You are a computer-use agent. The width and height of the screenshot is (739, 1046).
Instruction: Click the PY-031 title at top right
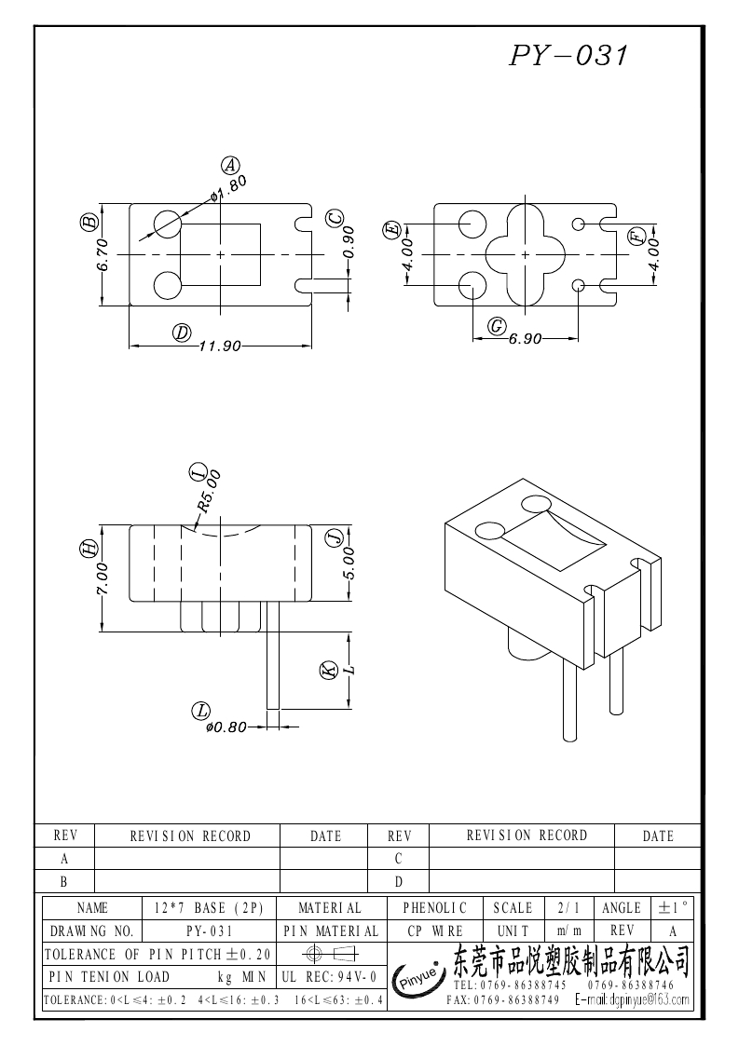569,56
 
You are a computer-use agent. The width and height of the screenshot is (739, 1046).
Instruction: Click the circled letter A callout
229,165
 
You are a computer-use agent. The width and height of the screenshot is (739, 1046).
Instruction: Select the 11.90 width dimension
220,346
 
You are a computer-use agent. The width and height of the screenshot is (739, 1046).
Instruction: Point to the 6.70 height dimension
103,253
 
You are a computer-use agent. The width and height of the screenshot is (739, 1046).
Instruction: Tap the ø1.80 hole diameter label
229,189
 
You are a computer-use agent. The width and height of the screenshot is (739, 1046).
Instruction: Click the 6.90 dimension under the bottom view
526,340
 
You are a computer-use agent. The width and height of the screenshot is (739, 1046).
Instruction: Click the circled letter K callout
328,671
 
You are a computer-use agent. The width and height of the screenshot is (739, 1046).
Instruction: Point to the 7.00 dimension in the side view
103,579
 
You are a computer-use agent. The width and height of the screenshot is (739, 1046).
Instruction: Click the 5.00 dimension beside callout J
349,563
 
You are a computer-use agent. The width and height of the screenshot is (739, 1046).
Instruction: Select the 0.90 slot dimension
349,242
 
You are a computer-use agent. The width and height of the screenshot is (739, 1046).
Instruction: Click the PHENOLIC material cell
434,907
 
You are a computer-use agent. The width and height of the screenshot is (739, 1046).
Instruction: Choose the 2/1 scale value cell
566,907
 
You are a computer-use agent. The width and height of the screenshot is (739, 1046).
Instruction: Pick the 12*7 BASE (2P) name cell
209,907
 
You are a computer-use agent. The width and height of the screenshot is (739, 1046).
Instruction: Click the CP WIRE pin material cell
434,931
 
